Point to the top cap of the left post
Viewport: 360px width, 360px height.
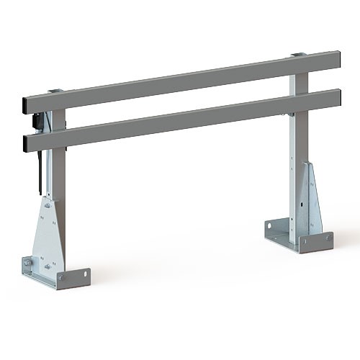56,91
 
